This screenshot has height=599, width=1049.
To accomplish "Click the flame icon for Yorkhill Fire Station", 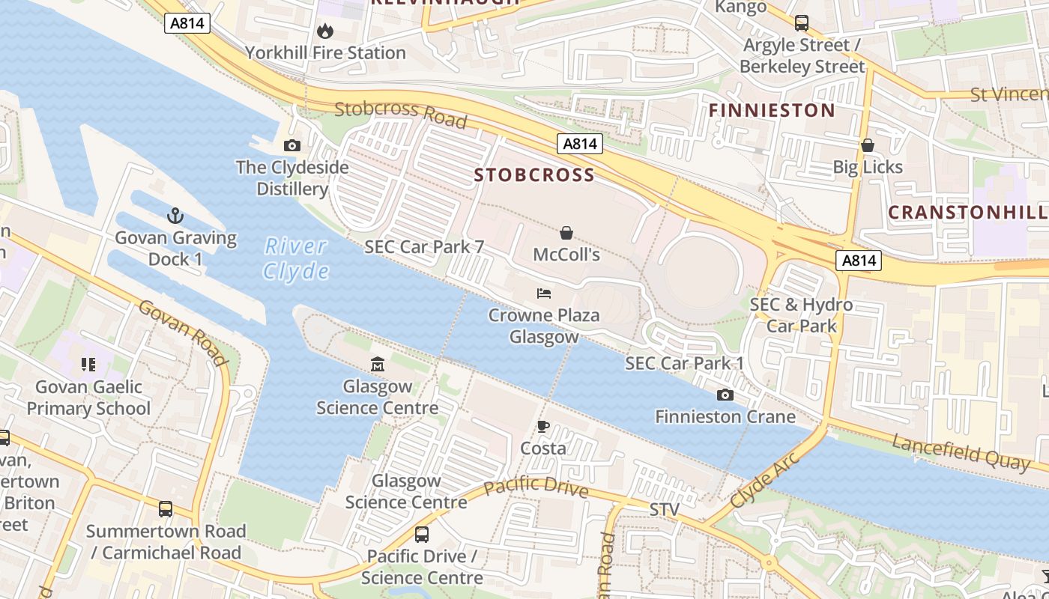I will [x=325, y=31].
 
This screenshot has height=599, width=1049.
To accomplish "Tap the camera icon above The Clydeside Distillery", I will [x=292, y=145].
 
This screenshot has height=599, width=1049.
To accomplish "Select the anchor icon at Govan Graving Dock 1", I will [x=175, y=216].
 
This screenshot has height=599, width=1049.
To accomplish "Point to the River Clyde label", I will [x=296, y=258].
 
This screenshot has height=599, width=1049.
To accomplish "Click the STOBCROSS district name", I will [x=534, y=175].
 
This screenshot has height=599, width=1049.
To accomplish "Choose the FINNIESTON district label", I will [x=772, y=111].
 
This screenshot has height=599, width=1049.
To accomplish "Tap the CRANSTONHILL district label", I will [x=967, y=212].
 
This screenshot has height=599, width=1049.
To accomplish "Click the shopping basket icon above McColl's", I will [x=566, y=233].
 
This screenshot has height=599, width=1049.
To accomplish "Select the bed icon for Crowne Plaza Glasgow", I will [x=544, y=293].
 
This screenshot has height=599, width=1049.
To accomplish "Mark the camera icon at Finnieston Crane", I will [x=725, y=395].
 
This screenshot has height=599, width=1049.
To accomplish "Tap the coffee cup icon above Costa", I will [x=543, y=427].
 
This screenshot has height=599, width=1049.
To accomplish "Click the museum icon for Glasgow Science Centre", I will [x=378, y=365].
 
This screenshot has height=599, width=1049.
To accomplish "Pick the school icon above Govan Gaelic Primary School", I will [x=88, y=365].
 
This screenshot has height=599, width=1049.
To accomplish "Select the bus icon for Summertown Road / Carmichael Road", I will [x=166, y=509].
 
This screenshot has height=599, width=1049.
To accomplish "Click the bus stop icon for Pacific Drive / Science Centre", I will [x=422, y=535].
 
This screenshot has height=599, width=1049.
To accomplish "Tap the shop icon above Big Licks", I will [x=868, y=145].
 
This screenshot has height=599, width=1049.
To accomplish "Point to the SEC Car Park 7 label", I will [x=424, y=247].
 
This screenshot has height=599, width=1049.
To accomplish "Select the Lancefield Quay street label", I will [x=961, y=452].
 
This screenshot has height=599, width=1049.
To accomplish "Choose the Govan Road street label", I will [x=183, y=333].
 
